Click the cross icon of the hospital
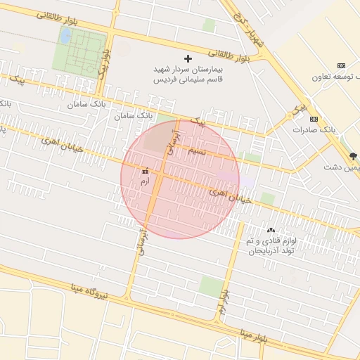pos(187,59)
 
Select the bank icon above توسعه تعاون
pos(342,65)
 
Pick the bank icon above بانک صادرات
pos(314,118)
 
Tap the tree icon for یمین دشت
pos(352,155)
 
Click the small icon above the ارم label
pos(146,171)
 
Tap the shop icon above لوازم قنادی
pos(271,230)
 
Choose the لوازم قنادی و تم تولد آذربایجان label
pos(271,245)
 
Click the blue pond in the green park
pos(65,35)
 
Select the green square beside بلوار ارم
pos(210,285)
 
